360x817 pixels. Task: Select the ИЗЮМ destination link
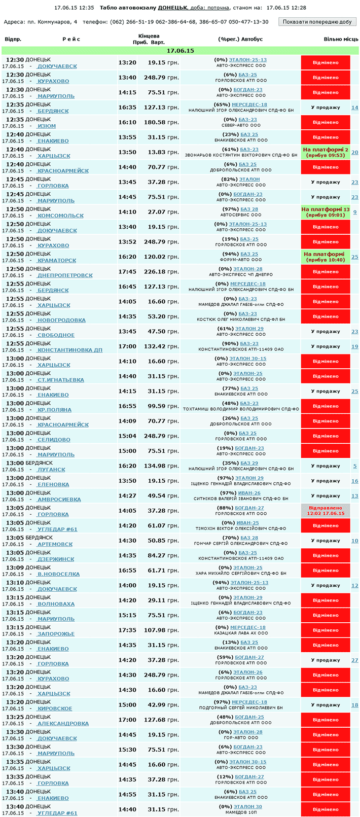[47, 126]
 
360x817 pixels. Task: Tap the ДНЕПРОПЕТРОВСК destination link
[65, 275]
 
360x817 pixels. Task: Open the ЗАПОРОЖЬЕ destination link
[56, 634]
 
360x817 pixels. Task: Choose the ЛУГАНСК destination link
[51, 470]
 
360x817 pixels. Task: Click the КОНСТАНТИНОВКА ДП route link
[70, 350]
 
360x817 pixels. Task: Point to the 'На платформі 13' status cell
[326, 212]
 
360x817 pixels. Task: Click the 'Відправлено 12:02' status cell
[326, 511]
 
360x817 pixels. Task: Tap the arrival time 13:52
[127, 242]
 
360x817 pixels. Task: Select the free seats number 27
[354, 660]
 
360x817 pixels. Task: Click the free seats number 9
[354, 212]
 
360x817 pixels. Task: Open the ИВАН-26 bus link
[249, 493]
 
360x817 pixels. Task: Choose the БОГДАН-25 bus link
[249, 717]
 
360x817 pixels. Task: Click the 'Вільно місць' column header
[341, 39]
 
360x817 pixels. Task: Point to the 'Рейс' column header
[71, 39]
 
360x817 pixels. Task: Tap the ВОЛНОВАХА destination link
[56, 604]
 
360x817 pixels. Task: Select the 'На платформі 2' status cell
[326, 152]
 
